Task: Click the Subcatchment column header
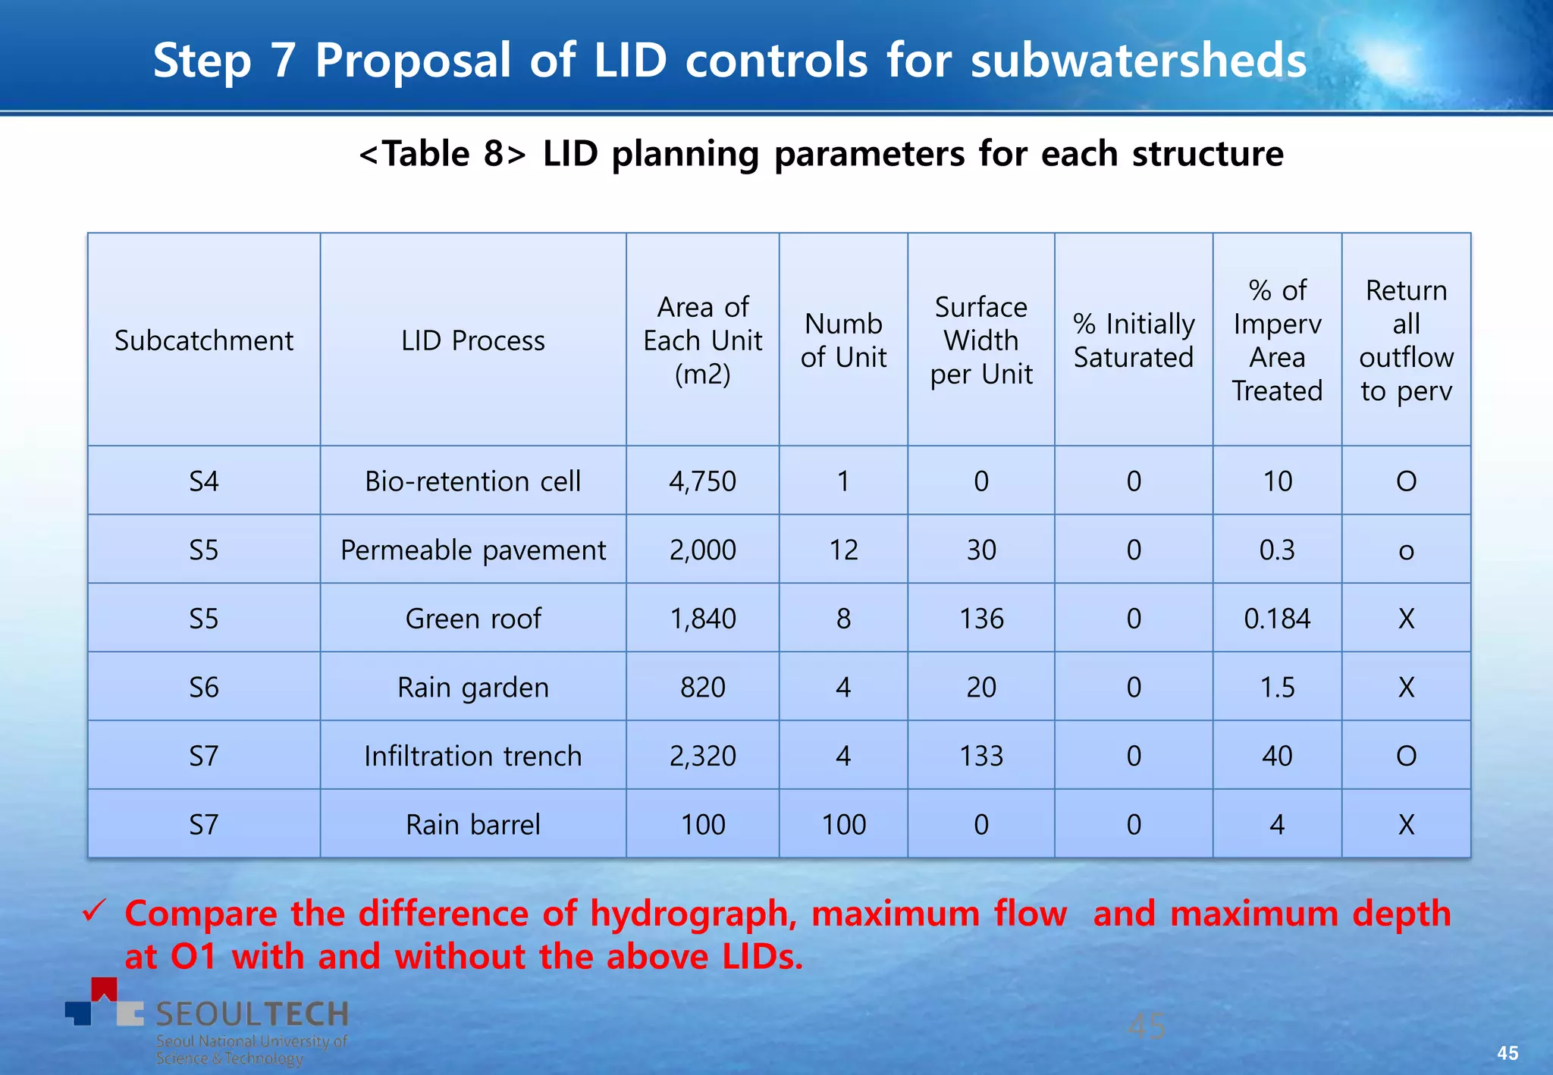pyautogui.click(x=203, y=340)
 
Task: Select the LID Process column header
pyautogui.click(x=472, y=340)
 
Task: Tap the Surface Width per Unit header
pyautogui.click(x=980, y=340)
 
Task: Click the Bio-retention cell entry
pyautogui.click(x=472, y=481)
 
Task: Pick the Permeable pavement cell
pyautogui.click(x=472, y=550)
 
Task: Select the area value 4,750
pyautogui.click(x=702, y=481)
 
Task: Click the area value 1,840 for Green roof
pyautogui.click(x=702, y=619)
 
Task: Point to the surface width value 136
pyautogui.click(x=980, y=619)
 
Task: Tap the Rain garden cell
pyautogui.click(x=472, y=688)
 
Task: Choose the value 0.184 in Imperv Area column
pyautogui.click(x=1276, y=619)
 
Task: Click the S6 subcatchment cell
pyautogui.click(x=203, y=688)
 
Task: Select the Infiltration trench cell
pyautogui.click(x=472, y=756)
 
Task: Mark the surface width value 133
pyautogui.click(x=980, y=756)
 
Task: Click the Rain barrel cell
pyautogui.click(x=472, y=824)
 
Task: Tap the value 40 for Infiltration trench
pyautogui.click(x=1276, y=756)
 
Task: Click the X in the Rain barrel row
pyautogui.click(x=1405, y=824)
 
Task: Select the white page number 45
pyautogui.click(x=1507, y=1053)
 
